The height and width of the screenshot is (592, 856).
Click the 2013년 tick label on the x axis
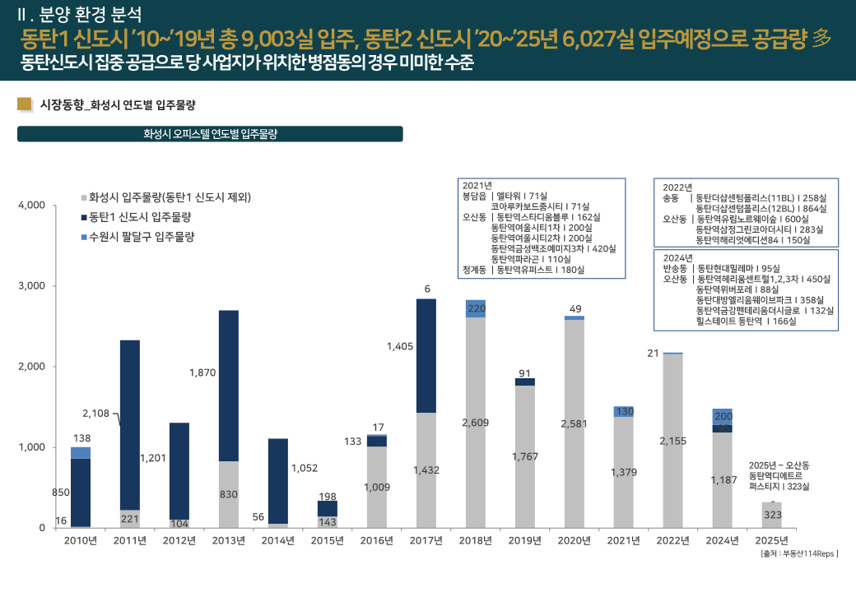(x=229, y=541)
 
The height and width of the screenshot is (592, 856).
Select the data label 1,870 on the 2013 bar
(x=202, y=372)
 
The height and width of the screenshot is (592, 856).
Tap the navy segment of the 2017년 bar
(x=426, y=355)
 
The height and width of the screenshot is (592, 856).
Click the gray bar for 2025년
(x=772, y=515)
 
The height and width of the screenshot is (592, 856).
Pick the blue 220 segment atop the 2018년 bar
(x=476, y=309)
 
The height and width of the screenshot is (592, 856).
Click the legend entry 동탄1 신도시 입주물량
(x=141, y=217)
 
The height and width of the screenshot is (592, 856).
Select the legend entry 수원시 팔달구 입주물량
(x=141, y=237)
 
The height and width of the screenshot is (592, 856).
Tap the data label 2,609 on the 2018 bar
(x=476, y=423)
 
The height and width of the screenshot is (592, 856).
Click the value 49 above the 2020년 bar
(x=575, y=308)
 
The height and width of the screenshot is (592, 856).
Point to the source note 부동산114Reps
(x=799, y=554)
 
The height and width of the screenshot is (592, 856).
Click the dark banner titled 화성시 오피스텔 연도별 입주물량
(x=210, y=134)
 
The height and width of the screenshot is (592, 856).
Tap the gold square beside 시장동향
(x=24, y=104)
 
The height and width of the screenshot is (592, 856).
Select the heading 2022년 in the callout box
(x=677, y=187)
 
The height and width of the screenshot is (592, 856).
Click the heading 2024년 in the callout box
(x=677, y=257)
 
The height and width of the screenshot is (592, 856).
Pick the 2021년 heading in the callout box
(x=477, y=185)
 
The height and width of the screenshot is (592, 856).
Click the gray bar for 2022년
(x=673, y=440)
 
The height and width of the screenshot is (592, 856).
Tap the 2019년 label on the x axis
(x=525, y=541)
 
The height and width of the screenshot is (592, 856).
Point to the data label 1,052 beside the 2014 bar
(x=305, y=468)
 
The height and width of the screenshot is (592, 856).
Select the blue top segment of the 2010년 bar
(x=81, y=453)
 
